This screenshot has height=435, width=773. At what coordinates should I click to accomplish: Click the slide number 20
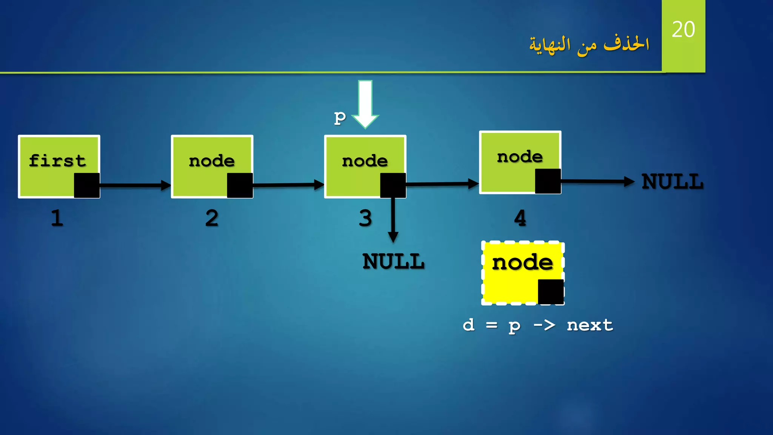(683, 29)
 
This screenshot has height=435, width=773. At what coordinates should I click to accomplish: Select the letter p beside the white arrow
(340, 118)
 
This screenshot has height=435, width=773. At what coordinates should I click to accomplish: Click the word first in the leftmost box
(57, 160)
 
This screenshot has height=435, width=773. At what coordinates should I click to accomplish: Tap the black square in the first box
(87, 185)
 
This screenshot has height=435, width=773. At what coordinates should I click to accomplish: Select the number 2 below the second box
(212, 218)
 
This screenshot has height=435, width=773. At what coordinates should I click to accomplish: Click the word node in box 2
(212, 161)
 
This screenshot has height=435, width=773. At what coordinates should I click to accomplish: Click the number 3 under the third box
(365, 218)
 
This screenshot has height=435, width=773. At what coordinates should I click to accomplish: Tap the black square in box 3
(393, 185)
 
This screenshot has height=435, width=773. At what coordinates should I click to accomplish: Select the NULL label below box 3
(393, 261)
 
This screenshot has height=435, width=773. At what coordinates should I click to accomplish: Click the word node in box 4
(520, 157)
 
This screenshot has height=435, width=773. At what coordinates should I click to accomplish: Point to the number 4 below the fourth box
(520, 218)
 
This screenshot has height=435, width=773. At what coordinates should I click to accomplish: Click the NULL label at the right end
(672, 182)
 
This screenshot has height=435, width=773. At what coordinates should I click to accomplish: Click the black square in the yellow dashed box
(551, 292)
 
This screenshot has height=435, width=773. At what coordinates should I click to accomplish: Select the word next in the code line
(590, 325)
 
